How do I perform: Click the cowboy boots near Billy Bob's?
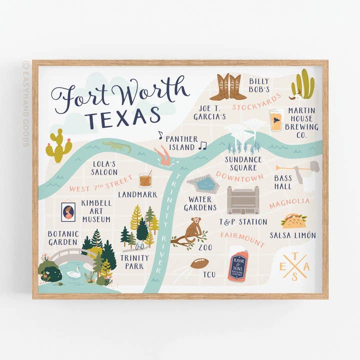pyautogui.click(x=227, y=87)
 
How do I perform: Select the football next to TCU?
pyautogui.click(x=199, y=263)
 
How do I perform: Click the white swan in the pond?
pyautogui.click(x=74, y=272)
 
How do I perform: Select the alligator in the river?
pyautogui.click(x=116, y=146)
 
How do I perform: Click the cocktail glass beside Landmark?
pyautogui.click(x=145, y=178)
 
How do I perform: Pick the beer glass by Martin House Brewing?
pyautogui.click(x=275, y=120)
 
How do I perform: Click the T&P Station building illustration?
pyautogui.click(x=244, y=200)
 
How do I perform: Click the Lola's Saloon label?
pyautogui.click(x=104, y=167)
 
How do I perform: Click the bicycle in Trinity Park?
pyautogui.click(x=140, y=246)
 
